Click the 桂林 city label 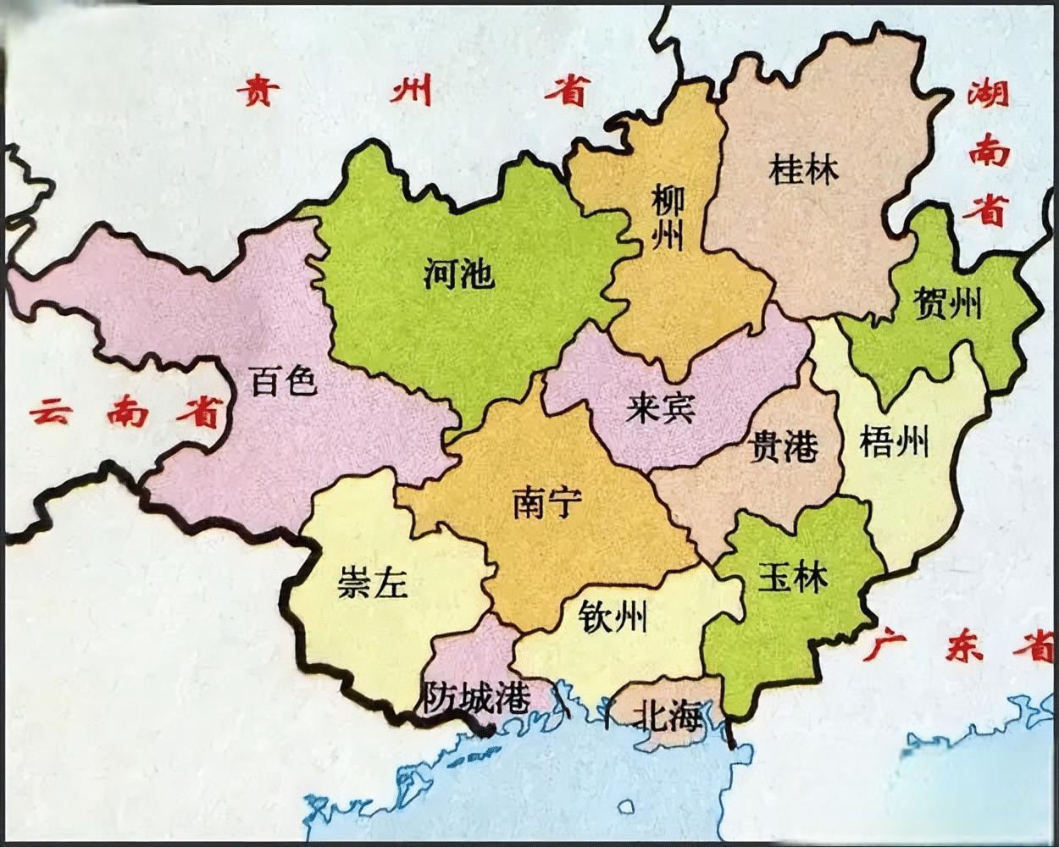pyautogui.click(x=803, y=170)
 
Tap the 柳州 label pyautogui.click(x=667, y=218)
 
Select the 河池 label pyautogui.click(x=458, y=274)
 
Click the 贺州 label pyautogui.click(x=948, y=302)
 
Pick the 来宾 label pyautogui.click(x=661, y=408)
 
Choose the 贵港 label pyautogui.click(x=785, y=446)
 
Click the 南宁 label pyautogui.click(x=547, y=504)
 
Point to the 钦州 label pyautogui.click(x=613, y=617)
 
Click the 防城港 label pyautogui.click(x=476, y=697)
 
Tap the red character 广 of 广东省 pyautogui.click(x=884, y=646)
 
